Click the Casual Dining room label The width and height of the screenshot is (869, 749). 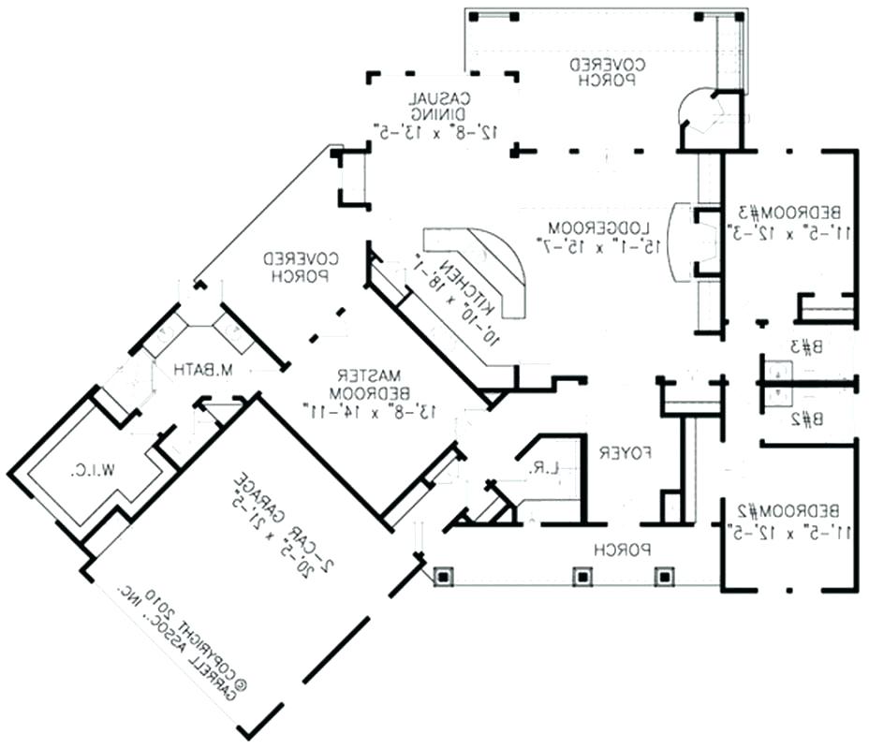point(439,106)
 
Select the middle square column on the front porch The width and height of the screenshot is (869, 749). point(582,574)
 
